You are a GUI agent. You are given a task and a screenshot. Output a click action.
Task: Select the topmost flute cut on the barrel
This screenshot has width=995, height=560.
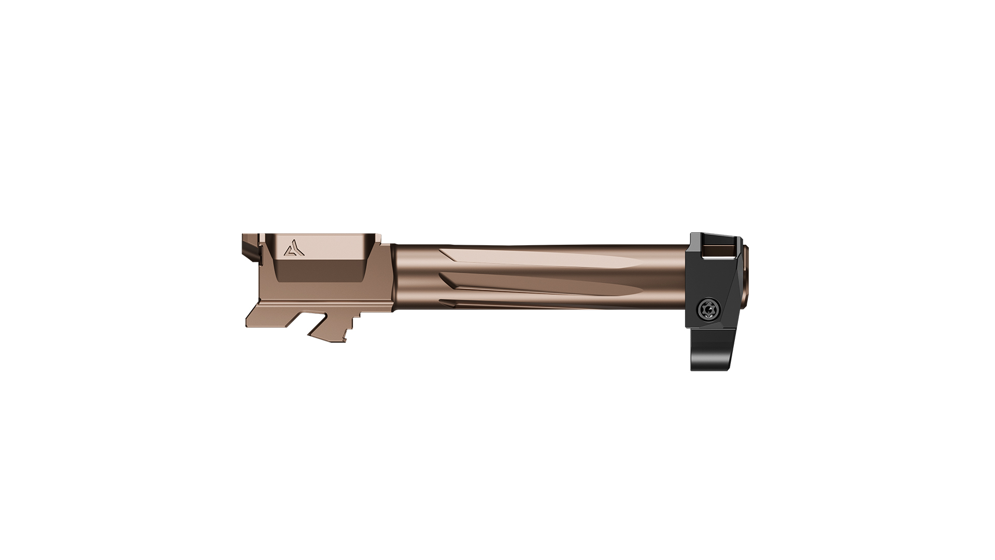point(539,259)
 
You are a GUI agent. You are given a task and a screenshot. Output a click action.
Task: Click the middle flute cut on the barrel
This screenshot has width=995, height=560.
point(544,284)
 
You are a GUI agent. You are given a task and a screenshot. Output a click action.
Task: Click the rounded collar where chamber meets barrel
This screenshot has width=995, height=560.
point(394,277)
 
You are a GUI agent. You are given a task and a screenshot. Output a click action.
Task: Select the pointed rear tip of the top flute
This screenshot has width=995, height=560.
point(444,253)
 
